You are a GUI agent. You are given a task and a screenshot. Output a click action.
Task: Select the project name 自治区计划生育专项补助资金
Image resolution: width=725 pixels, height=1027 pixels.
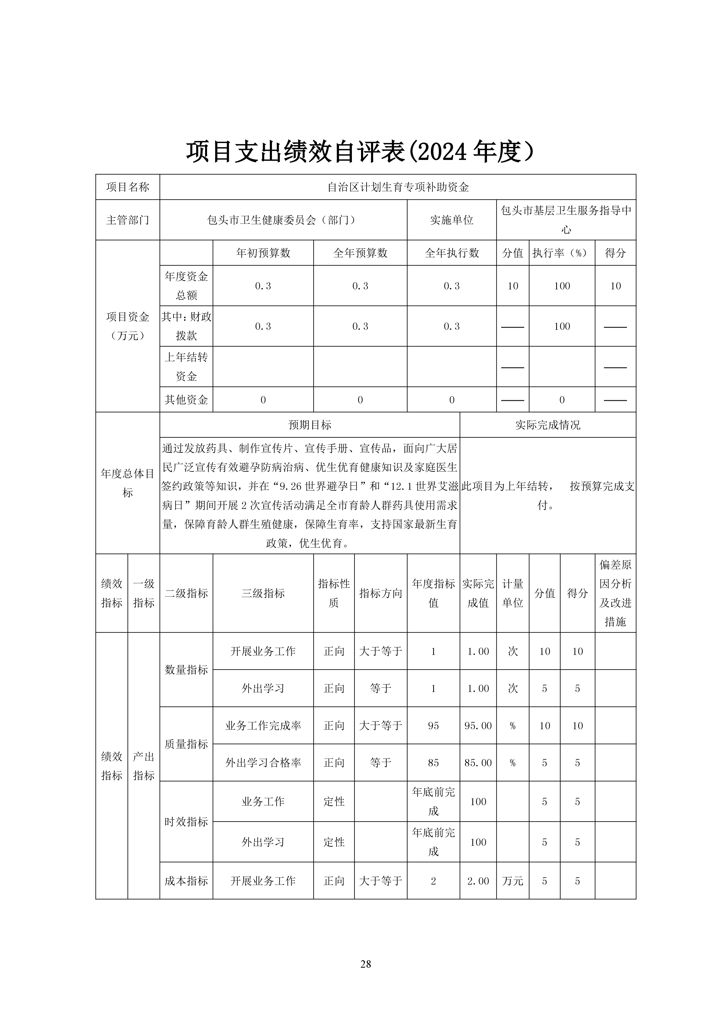click(x=398, y=187)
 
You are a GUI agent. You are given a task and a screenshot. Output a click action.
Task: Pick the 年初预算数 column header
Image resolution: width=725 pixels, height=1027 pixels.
click(x=263, y=253)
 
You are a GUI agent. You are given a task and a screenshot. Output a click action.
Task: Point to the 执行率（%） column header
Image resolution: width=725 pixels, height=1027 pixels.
click(x=562, y=253)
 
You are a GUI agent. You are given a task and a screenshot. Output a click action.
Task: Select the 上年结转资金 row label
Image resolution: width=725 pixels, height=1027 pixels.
click(x=186, y=367)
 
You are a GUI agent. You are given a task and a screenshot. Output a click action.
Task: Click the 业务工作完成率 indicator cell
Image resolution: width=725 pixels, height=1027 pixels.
click(x=263, y=726)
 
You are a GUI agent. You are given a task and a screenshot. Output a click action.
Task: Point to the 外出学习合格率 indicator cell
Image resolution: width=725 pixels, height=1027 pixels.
click(x=263, y=763)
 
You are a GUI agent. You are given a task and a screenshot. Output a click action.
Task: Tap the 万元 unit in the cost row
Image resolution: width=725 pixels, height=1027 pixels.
click(x=513, y=881)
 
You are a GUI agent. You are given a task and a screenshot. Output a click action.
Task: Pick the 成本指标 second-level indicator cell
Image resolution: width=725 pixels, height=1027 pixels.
click(x=186, y=881)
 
